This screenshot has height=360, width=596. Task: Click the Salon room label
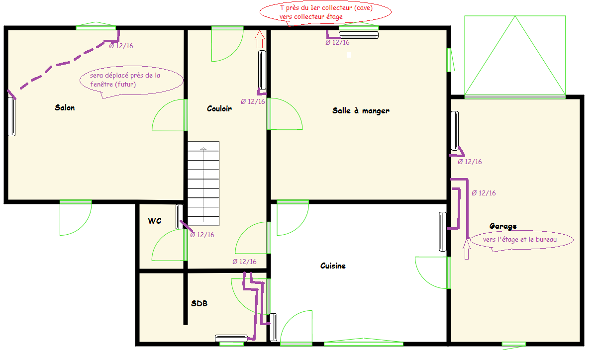(x=65, y=108)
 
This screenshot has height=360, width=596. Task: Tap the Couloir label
(x=219, y=108)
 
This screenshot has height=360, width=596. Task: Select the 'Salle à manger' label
(x=361, y=110)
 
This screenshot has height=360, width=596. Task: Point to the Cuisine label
(x=333, y=266)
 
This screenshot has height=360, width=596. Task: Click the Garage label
(x=503, y=226)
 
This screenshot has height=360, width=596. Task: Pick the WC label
(x=154, y=221)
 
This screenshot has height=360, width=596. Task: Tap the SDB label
(x=199, y=303)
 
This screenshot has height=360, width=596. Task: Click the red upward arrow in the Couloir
(x=260, y=39)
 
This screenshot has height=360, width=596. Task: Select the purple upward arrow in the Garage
(x=467, y=249)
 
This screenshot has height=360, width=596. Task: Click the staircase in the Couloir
(x=203, y=184)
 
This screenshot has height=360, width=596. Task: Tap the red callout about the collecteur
(x=325, y=13)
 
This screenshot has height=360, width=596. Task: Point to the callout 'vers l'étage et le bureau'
(x=521, y=240)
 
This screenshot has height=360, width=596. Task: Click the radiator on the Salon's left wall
(x=12, y=116)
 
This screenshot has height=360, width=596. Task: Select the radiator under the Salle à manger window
(x=358, y=35)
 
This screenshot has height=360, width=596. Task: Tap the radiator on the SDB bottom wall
(x=231, y=338)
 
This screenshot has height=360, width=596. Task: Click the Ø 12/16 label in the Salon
(x=121, y=46)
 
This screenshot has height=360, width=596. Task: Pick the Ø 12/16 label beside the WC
(x=202, y=235)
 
